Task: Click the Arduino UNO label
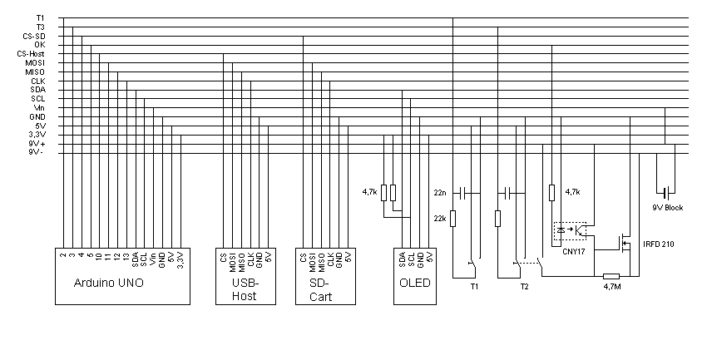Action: (x=110, y=284)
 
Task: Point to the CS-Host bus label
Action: (x=32, y=53)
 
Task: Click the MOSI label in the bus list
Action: (x=35, y=62)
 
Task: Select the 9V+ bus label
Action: (x=36, y=144)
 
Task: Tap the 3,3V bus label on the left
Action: (x=36, y=135)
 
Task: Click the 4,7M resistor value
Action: (x=611, y=288)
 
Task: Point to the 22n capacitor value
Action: (x=440, y=192)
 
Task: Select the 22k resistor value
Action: (x=440, y=218)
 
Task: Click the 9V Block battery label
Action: (x=667, y=207)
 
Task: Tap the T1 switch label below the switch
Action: (x=474, y=286)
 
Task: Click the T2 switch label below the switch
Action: (x=524, y=286)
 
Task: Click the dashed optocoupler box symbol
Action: (x=570, y=228)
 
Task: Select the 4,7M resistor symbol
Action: (x=611, y=276)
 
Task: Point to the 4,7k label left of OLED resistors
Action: (x=369, y=192)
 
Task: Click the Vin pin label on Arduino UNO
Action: (x=153, y=260)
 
